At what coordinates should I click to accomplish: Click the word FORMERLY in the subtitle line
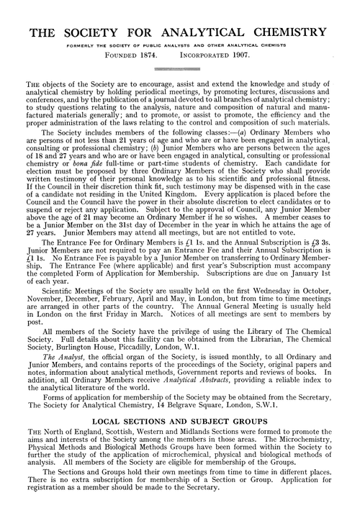click(90, 45)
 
